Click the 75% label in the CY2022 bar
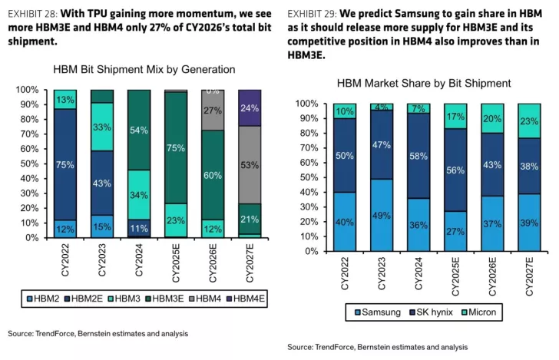click(x=65, y=163)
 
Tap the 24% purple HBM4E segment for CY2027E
click(x=250, y=108)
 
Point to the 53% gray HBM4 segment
click(x=250, y=164)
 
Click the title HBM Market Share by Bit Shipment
click(x=423, y=83)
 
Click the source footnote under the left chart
click(x=98, y=334)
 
